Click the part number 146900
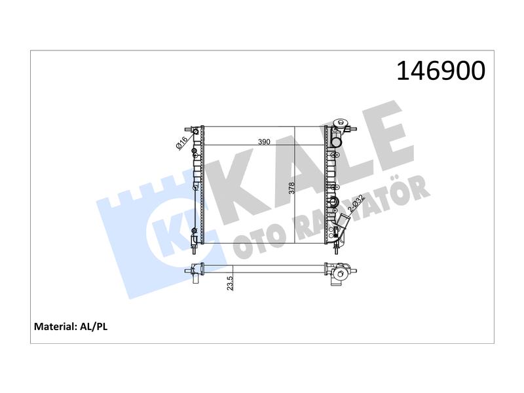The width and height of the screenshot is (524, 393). [x=441, y=71]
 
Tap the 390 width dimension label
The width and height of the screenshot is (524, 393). [x=264, y=141]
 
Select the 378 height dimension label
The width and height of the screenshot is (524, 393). [x=291, y=188]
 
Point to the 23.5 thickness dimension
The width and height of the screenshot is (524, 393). [x=230, y=283]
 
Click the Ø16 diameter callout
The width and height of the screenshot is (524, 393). [x=181, y=143]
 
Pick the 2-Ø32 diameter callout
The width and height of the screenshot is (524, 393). [x=356, y=204]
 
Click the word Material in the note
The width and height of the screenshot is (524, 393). [x=56, y=326]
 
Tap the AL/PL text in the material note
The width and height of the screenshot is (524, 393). [x=94, y=326]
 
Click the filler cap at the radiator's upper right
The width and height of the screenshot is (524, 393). [x=339, y=123]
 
